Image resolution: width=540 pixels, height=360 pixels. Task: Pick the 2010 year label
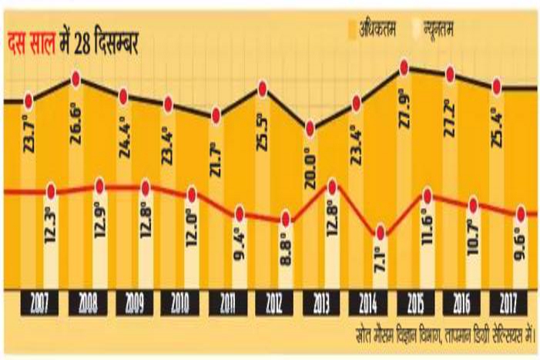pyautogui.click(x=180, y=301)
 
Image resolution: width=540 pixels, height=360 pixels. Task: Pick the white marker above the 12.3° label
pyautogui.click(x=52, y=190)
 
